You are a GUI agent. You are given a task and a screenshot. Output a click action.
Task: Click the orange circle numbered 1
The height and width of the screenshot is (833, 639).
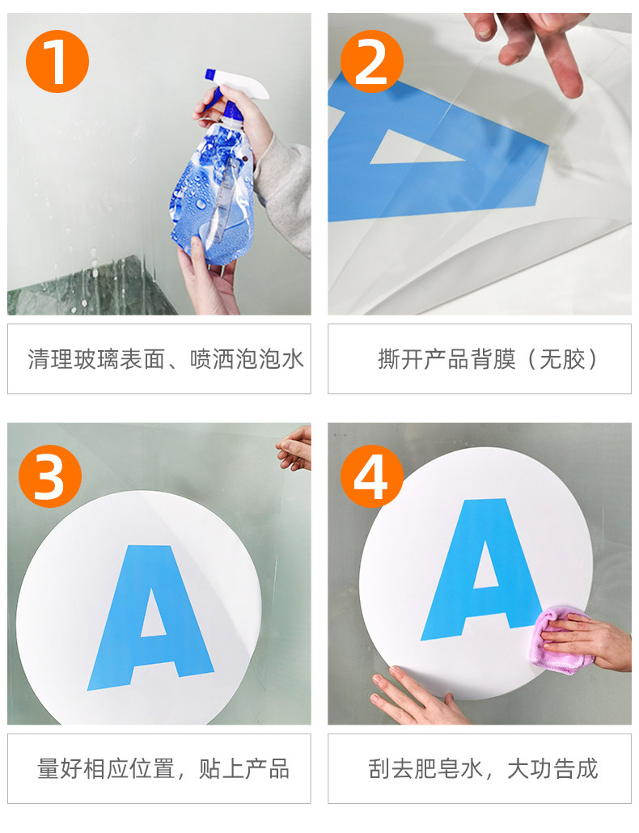pos(57,61)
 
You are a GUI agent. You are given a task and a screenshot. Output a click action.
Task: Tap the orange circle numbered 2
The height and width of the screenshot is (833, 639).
pos(372,61)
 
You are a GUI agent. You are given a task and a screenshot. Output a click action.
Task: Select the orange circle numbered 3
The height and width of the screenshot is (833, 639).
pos(50,476)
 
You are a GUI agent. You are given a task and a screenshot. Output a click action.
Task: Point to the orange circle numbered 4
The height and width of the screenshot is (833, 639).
pos(372,476)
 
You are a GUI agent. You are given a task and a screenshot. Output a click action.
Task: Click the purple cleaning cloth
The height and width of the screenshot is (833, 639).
pos(561,641)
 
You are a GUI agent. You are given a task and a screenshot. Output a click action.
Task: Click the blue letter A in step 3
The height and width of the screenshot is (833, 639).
pos(150,617)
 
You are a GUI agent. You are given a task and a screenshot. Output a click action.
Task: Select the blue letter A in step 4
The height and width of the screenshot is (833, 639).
pos(480,569)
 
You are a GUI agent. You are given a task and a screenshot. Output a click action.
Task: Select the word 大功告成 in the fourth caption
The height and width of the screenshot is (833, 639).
pos(553,769)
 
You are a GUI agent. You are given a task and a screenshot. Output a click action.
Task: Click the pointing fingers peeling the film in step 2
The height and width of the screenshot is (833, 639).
pos(531,48)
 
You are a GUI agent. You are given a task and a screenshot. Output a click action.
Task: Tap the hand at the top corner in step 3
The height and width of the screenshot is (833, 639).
pos(294,449)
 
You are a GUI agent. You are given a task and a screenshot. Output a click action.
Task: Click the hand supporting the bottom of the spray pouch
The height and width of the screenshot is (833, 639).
pos(207,281)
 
